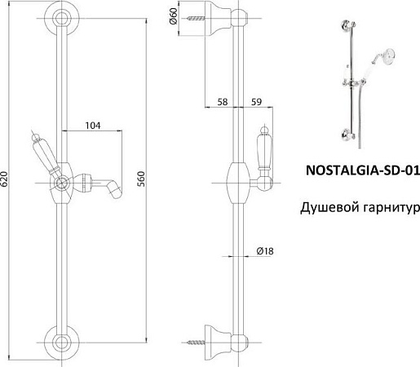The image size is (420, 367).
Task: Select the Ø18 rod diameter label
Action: coord(263,253)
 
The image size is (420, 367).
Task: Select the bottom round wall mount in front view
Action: coord(60,343)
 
